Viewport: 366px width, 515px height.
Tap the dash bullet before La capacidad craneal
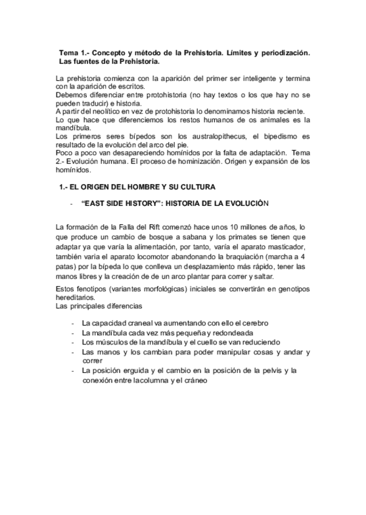[x=73, y=324]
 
